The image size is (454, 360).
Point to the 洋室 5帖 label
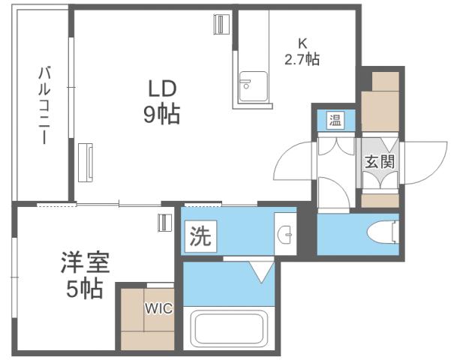click(85, 276)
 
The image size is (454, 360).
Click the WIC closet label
click(158, 307)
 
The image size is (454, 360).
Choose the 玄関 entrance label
click(379, 160)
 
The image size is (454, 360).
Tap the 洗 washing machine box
click(200, 238)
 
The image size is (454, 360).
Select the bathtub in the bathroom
click(230, 328)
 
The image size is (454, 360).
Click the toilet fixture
click(383, 233)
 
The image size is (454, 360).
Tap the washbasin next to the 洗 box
click(286, 235)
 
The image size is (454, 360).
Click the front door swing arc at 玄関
click(420, 161)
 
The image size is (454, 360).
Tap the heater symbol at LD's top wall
click(221, 24)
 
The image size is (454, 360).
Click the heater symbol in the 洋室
click(164, 222)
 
